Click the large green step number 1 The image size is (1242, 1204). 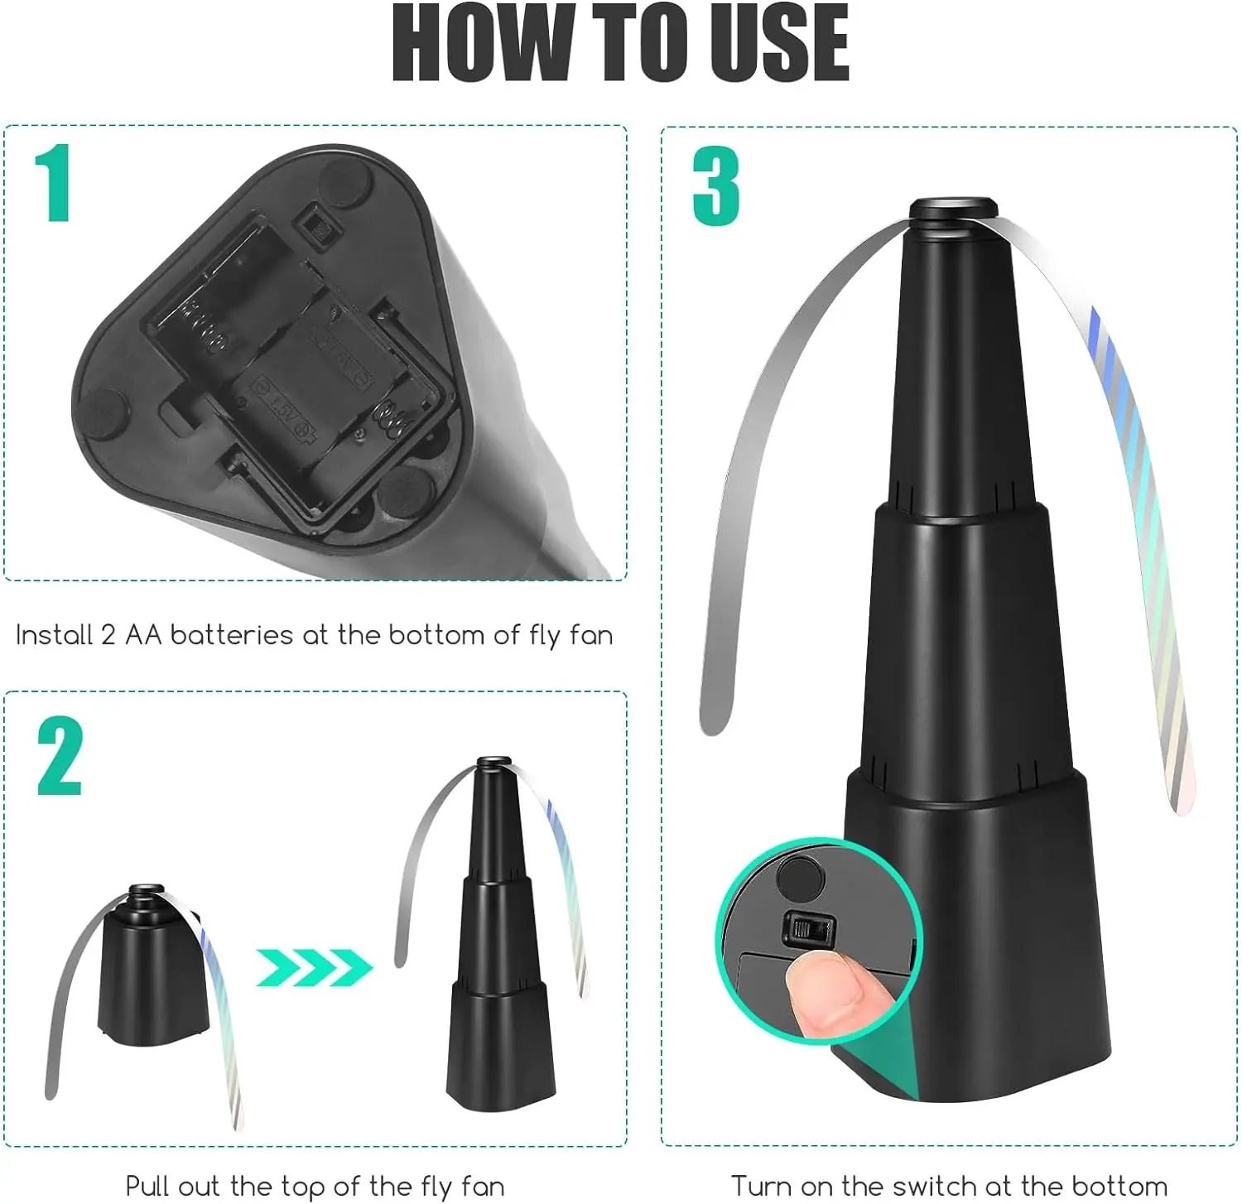[54, 183]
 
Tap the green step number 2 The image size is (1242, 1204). [60, 756]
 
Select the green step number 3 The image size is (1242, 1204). [715, 186]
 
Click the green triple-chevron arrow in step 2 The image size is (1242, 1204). [313, 966]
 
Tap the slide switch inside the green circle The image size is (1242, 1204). [808, 928]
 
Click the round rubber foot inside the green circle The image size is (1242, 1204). [801, 878]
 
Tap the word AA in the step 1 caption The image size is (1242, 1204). [143, 635]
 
